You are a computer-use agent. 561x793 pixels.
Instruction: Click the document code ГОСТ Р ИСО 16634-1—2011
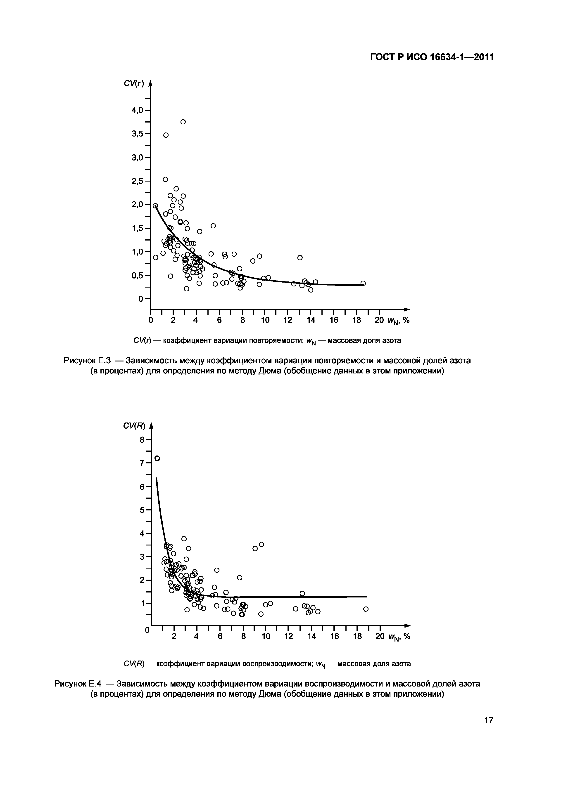tap(432, 57)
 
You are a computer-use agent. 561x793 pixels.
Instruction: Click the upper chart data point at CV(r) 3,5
tap(166, 135)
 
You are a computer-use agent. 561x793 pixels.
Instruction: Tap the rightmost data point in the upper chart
tap(363, 283)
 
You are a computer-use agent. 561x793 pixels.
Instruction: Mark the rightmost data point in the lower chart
tap(366, 609)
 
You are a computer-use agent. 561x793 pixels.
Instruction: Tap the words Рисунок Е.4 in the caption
tap(78, 684)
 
